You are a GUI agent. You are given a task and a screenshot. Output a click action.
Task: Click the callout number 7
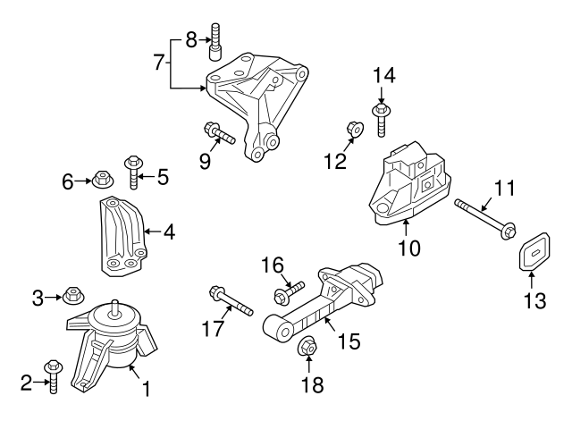click(159, 63)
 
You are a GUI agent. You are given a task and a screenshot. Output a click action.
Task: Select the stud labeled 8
click(215, 39)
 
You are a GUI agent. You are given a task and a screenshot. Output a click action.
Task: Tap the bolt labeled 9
click(217, 134)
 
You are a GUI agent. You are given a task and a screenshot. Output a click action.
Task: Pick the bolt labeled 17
click(230, 300)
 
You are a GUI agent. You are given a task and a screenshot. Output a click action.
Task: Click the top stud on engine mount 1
click(114, 309)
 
